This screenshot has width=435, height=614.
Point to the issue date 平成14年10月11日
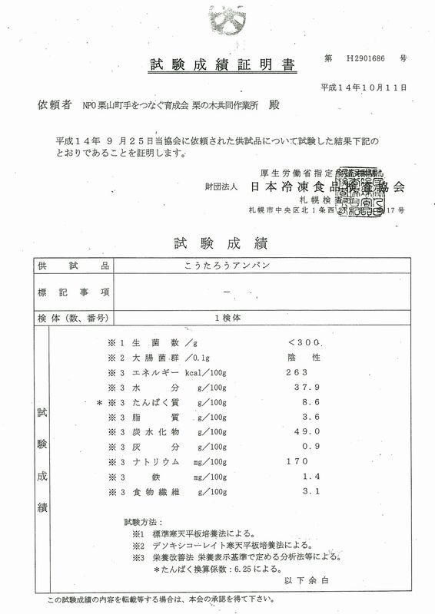(x=362, y=88)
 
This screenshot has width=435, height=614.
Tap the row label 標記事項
(x=73, y=292)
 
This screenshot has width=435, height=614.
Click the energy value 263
(x=296, y=372)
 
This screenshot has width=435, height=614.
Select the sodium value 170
(x=296, y=462)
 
